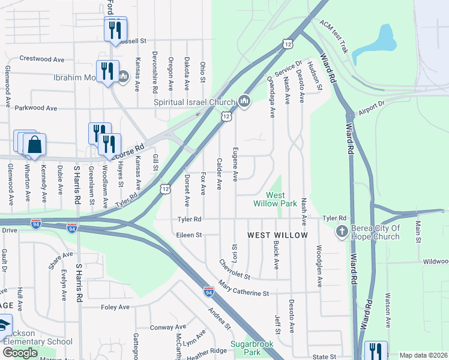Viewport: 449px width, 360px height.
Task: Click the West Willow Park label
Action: (282, 199)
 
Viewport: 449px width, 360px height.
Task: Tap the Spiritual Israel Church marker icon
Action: (244, 101)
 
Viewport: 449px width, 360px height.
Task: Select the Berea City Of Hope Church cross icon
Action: (342, 232)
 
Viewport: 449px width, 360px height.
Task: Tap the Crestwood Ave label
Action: (42, 59)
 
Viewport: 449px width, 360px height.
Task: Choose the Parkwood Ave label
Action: (35, 108)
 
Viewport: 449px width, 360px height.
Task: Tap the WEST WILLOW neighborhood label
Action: (278, 235)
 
